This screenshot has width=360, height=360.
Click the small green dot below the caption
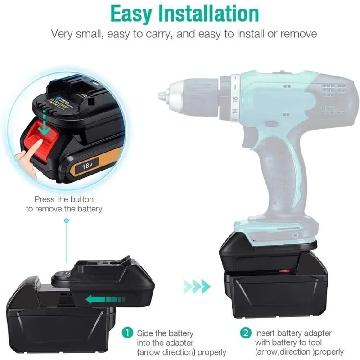point(67,220)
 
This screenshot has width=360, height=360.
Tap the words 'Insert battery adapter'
point(293,333)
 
